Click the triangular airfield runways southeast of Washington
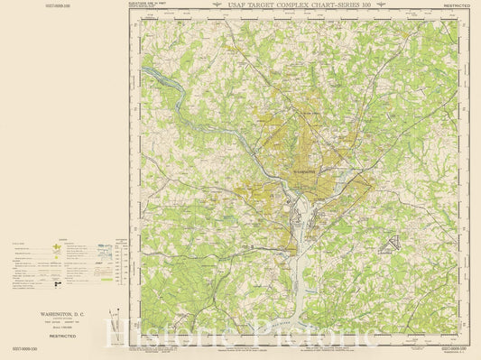(393, 242)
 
